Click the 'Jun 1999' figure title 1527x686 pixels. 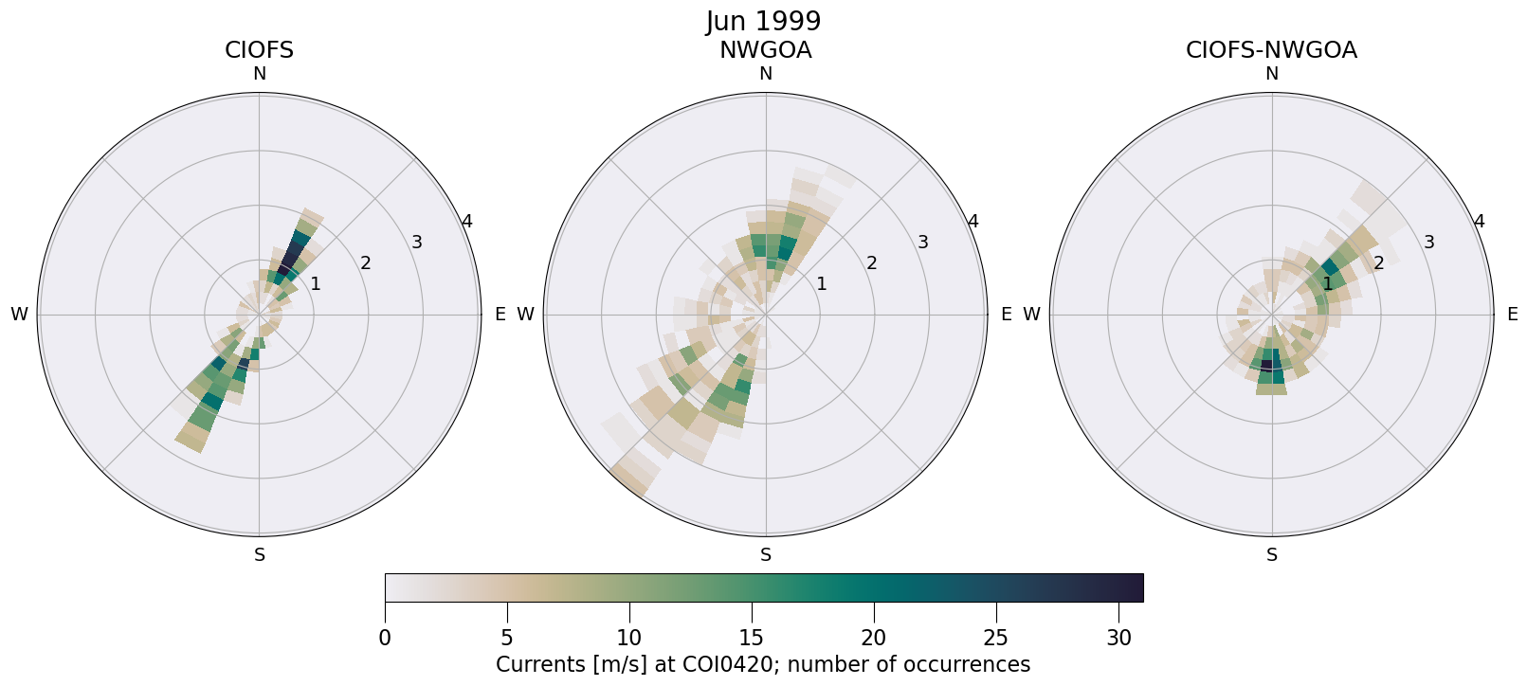(x=763, y=21)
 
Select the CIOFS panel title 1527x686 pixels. (x=259, y=50)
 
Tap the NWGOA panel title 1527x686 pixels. (x=765, y=50)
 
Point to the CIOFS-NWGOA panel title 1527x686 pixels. (x=1271, y=50)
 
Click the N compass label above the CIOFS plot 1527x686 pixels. (x=259, y=74)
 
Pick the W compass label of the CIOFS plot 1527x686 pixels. (x=19, y=315)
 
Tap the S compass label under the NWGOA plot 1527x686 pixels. (x=766, y=555)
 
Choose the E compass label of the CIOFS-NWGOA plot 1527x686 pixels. (x=1513, y=315)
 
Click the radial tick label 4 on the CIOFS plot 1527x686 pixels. (x=466, y=222)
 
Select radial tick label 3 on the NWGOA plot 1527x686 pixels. (x=922, y=242)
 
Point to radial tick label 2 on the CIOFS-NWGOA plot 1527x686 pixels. (x=1378, y=262)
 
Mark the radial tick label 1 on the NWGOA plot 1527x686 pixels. (x=821, y=283)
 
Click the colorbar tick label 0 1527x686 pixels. (x=385, y=638)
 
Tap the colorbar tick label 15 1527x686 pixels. (x=752, y=638)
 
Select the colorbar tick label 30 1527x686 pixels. (x=1118, y=638)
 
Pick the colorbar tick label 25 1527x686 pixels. (x=996, y=638)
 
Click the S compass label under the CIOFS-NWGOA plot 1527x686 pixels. (x=1272, y=555)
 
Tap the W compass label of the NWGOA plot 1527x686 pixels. (x=525, y=315)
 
